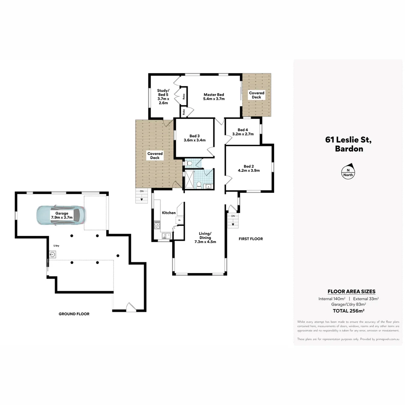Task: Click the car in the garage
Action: [61, 215]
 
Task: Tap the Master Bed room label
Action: [214, 97]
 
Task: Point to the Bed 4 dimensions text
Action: [243, 134]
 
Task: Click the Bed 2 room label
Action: [249, 168]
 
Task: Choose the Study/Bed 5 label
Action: [163, 97]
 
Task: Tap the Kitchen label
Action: [168, 213]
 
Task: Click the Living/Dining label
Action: [205, 237]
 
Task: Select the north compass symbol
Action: [348, 171]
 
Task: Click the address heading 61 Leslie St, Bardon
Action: [348, 144]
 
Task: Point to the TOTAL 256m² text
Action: [349, 310]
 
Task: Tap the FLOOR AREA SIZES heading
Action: [351, 291]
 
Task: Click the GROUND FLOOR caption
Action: [74, 314]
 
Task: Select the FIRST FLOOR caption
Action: [251, 238]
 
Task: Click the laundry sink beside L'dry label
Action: [52, 255]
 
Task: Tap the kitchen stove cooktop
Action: [157, 224]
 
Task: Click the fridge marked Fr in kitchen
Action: [180, 220]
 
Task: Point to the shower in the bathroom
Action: [189, 179]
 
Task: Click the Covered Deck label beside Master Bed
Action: [256, 95]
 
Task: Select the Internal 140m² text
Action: [331, 299]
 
